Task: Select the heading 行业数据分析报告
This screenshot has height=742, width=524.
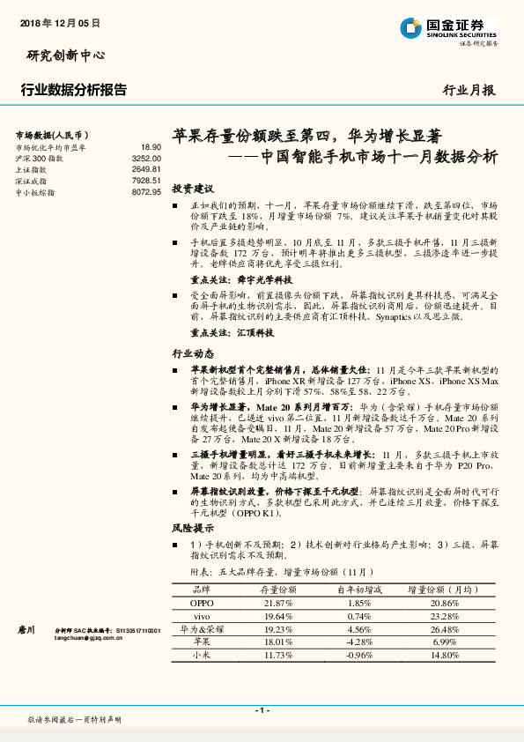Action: pos(73,89)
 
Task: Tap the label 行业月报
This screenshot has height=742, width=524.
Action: pos(469,90)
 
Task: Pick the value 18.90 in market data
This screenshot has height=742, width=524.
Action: pos(151,147)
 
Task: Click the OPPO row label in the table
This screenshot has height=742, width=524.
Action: pos(202,603)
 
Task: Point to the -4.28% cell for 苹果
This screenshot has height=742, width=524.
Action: pos(359,643)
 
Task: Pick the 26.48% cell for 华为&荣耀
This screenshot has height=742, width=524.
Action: pos(445,630)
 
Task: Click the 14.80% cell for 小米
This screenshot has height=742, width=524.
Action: pos(445,656)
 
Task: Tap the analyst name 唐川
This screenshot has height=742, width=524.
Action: pos(26,631)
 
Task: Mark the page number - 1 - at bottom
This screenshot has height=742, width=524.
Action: pos(262,710)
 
